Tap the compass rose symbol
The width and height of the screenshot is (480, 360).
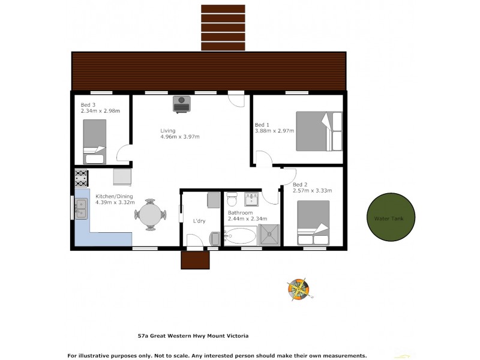click(x=298, y=289)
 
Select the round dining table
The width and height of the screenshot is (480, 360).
click(x=151, y=214)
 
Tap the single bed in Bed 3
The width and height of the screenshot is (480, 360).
click(x=95, y=141)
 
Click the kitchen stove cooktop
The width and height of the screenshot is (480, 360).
click(x=82, y=178)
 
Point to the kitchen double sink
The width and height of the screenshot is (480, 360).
click(x=81, y=208)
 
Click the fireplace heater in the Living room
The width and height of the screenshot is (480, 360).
click(x=182, y=104)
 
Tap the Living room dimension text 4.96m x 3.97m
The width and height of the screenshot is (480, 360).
click(x=179, y=137)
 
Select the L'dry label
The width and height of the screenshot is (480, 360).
click(x=199, y=221)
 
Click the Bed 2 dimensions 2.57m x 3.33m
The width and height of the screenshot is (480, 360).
click(x=312, y=190)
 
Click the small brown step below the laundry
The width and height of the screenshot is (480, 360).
click(x=196, y=260)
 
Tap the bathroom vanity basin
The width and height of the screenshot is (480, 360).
click(x=251, y=198)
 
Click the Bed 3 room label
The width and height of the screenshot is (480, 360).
click(x=88, y=105)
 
